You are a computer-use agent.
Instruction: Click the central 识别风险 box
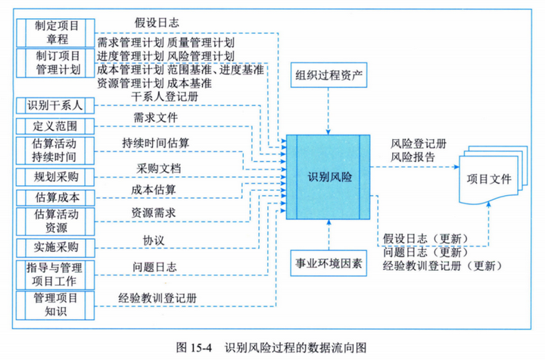(x=330, y=176)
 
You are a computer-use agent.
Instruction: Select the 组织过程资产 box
(x=329, y=76)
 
